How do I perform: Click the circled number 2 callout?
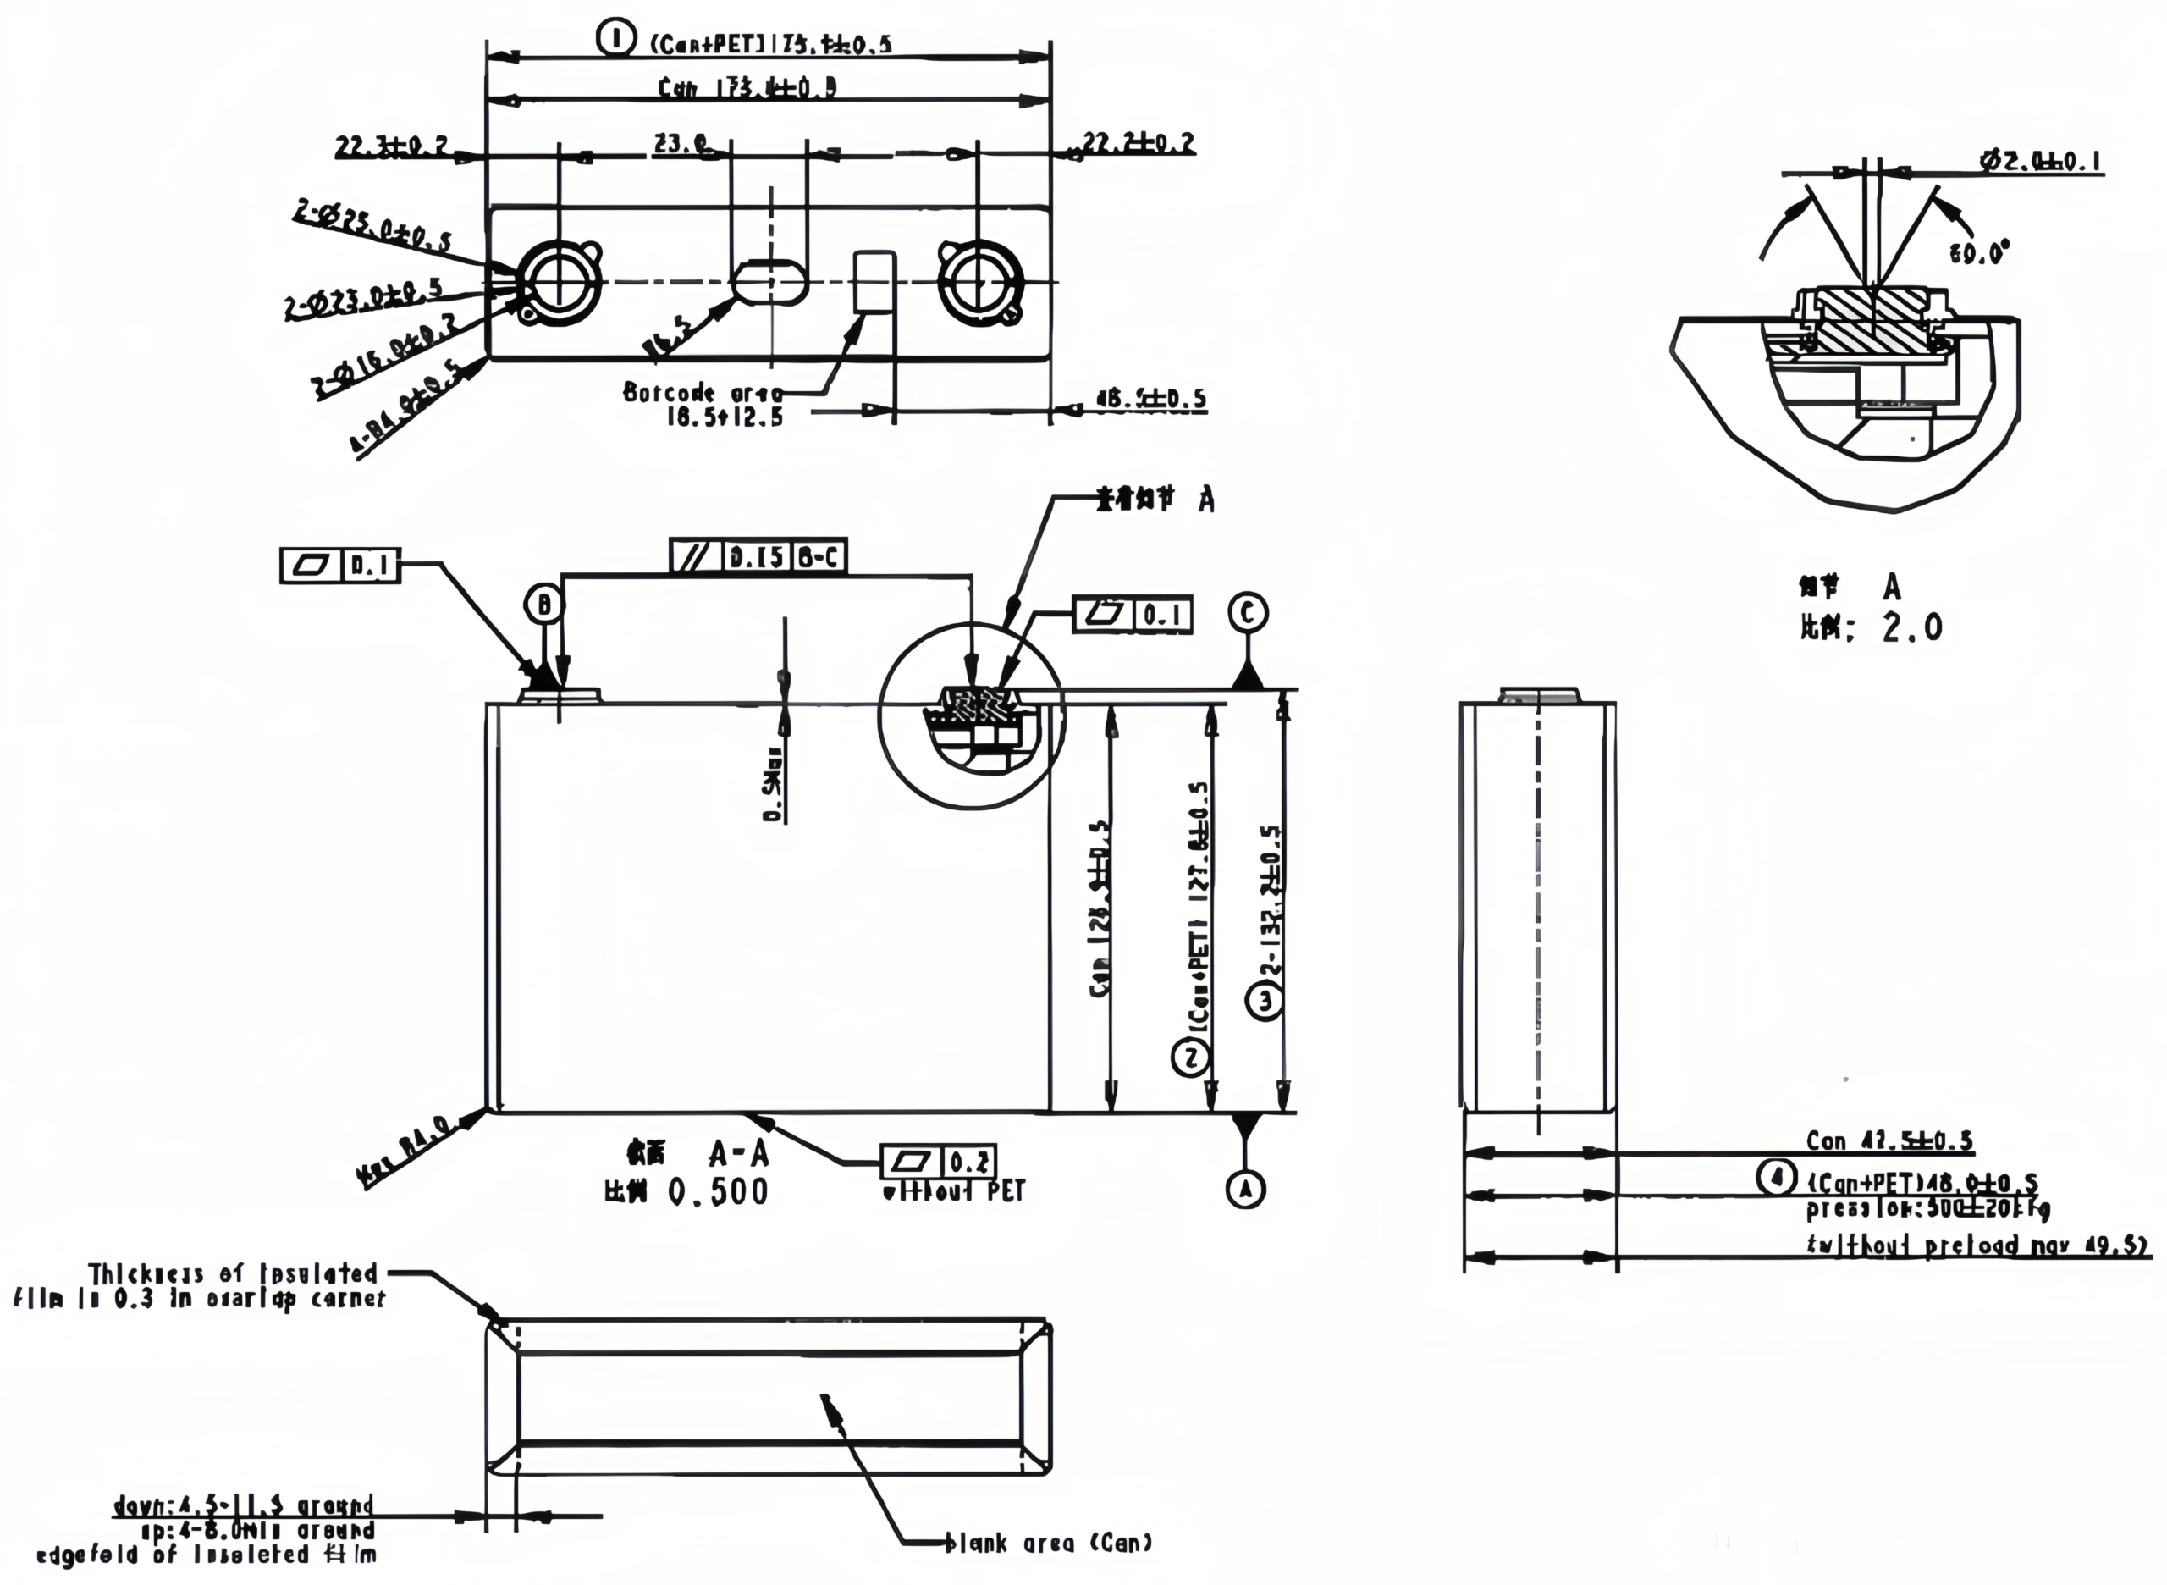(x=1191, y=1058)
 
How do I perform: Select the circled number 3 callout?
(x=1265, y=1001)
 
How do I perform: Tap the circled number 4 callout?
(x=1777, y=1176)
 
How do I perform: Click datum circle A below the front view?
(x=1245, y=1190)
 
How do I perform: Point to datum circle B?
(x=544, y=605)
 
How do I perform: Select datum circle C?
(x=1248, y=612)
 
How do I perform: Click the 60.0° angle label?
(x=1979, y=253)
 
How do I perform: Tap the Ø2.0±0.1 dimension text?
(x=2042, y=161)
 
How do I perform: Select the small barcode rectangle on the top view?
(x=875, y=281)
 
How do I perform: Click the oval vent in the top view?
(x=769, y=281)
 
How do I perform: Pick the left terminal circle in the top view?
(x=557, y=282)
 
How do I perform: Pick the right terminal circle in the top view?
(x=979, y=282)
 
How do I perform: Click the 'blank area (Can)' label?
(x=1049, y=1543)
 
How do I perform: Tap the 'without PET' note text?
(x=953, y=1191)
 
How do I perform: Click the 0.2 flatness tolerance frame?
(x=938, y=1162)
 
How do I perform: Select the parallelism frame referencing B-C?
(x=758, y=556)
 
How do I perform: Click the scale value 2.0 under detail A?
(x=1912, y=627)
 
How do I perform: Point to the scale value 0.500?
(x=718, y=1191)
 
